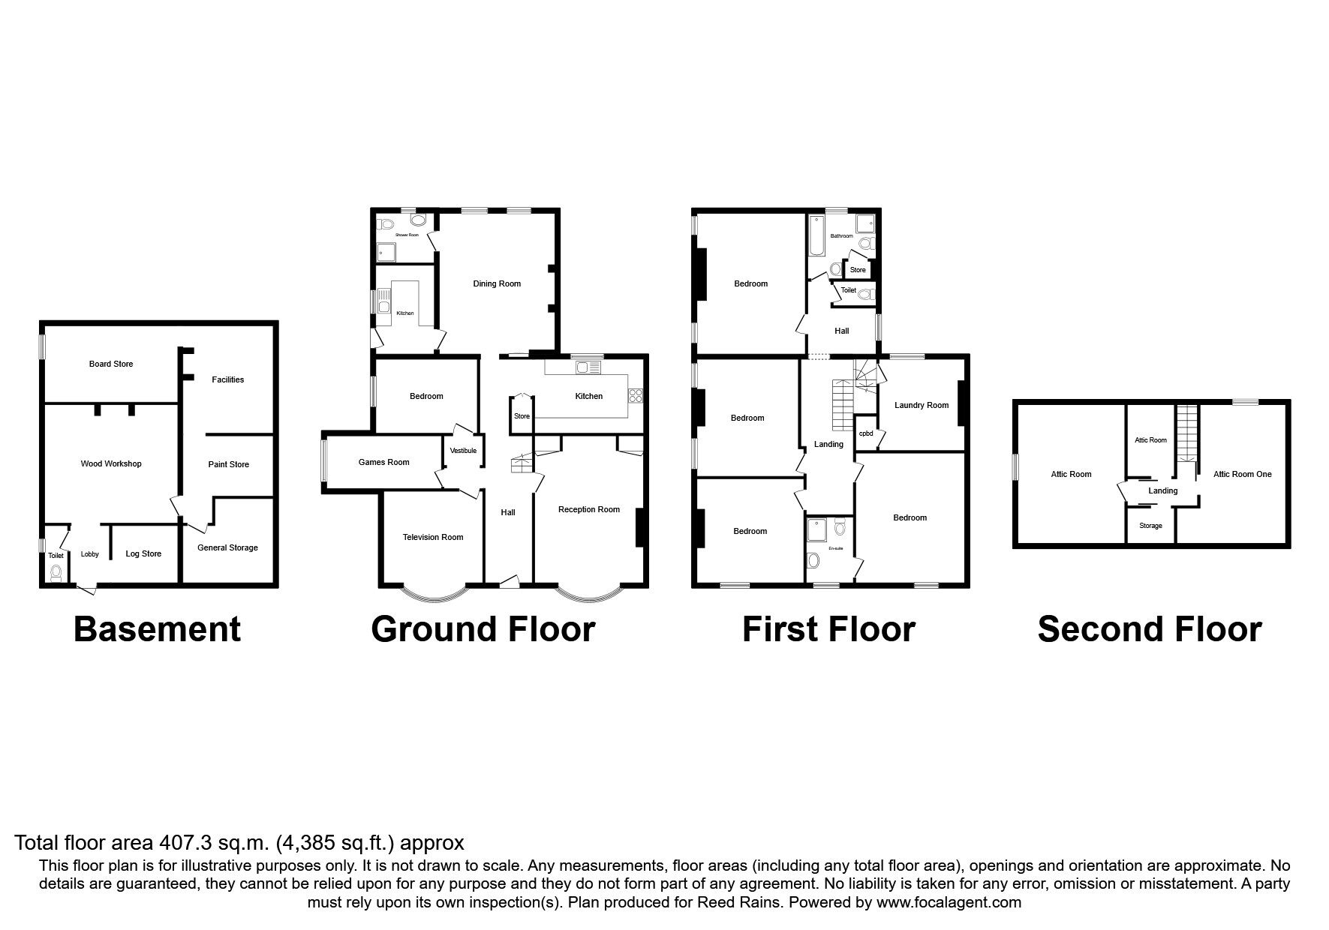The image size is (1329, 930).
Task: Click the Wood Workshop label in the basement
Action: click(x=111, y=463)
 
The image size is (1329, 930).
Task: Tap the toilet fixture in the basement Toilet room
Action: click(x=56, y=572)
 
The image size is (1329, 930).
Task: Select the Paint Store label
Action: click(x=228, y=464)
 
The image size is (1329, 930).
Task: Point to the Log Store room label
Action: click(x=143, y=553)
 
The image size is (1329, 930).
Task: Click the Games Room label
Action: click(x=383, y=462)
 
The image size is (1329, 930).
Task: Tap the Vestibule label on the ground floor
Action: click(x=463, y=451)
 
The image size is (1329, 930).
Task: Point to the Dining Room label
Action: click(x=497, y=283)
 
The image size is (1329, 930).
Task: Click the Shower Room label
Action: click(x=407, y=235)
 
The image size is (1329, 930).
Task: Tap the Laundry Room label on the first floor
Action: click(x=922, y=405)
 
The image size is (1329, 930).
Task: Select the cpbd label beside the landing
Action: click(x=866, y=433)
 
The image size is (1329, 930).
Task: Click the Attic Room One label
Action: click(x=1243, y=474)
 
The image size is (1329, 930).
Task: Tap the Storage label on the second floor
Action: click(x=1150, y=526)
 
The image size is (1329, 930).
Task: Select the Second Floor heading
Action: click(x=1149, y=629)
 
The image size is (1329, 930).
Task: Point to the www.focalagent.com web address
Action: click(x=948, y=902)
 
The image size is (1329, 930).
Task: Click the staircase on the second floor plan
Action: click(x=1186, y=433)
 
